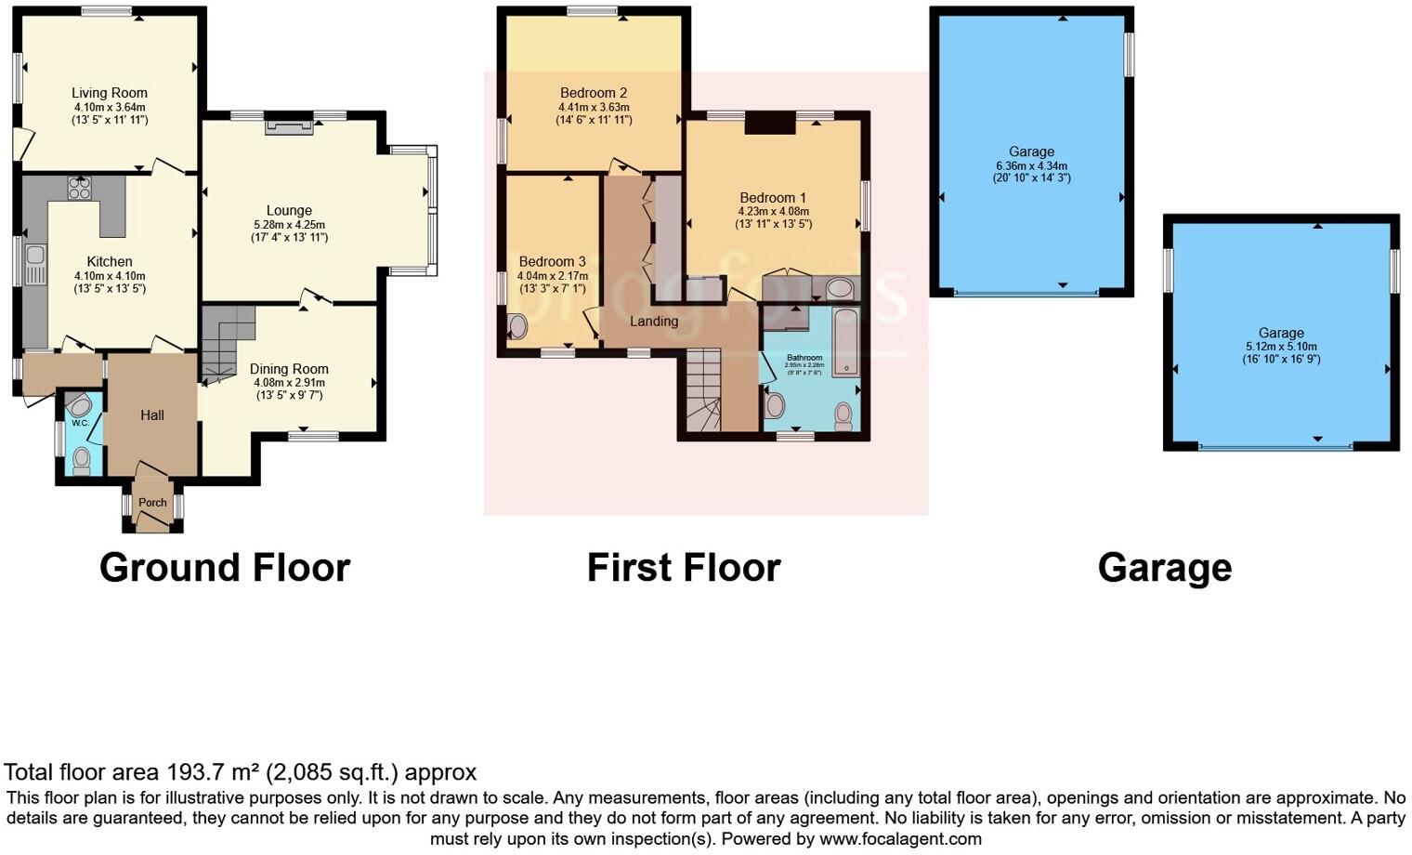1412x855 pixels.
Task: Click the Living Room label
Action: (x=110, y=93)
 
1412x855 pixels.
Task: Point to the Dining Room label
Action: (x=289, y=369)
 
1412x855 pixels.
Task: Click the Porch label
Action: (x=152, y=503)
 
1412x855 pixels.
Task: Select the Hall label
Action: (x=152, y=415)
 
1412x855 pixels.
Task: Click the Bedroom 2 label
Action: (x=594, y=93)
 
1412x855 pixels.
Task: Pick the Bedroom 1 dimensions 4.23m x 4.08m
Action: (x=773, y=211)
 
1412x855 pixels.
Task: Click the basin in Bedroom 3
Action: (x=516, y=326)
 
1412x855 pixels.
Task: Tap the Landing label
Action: (x=654, y=322)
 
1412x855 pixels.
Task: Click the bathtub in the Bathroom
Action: (x=844, y=342)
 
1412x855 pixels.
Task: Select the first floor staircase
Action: (x=703, y=390)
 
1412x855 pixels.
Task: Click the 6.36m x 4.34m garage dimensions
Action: (x=1031, y=165)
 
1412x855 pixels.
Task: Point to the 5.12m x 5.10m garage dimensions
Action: (x=1281, y=347)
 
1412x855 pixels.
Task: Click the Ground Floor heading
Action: (x=225, y=568)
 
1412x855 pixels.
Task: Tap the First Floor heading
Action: (x=684, y=568)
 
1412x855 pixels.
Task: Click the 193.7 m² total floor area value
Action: (x=213, y=772)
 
